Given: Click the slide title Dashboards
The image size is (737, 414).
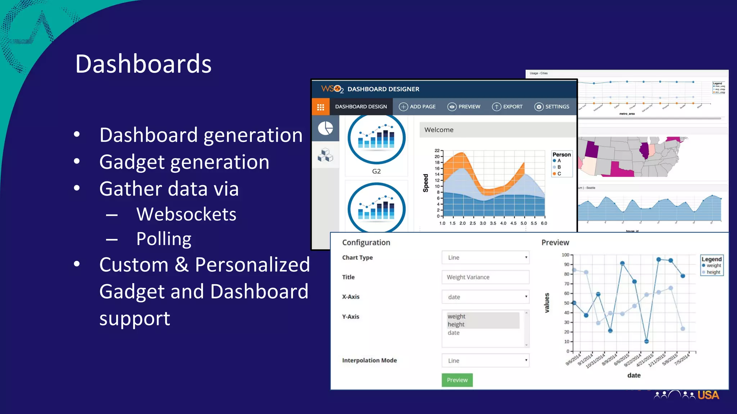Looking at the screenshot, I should click(143, 64).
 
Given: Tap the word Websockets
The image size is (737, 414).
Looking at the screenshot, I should click(186, 215).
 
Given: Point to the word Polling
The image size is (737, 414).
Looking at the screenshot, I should click(164, 239).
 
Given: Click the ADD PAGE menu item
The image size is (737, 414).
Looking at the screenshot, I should click(417, 107).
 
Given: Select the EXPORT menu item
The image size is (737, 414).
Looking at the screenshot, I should click(507, 107).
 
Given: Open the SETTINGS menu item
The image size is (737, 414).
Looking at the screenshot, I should click(552, 107).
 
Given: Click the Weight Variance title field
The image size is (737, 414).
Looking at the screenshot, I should click(485, 277).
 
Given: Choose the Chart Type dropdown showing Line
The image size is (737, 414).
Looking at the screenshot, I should click(485, 258).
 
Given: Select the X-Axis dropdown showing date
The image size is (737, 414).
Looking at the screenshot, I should click(485, 297).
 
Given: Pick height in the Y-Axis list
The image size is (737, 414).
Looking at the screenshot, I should click(456, 325).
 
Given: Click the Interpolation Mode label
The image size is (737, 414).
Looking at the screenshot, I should click(369, 360).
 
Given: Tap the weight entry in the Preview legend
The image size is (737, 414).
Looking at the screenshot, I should click(713, 266).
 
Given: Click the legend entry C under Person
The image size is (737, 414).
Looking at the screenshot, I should click(559, 174).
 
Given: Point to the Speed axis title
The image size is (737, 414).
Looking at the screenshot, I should click(426, 183).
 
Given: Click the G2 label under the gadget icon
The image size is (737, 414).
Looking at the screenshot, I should click(376, 171).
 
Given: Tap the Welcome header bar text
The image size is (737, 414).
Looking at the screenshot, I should click(439, 130).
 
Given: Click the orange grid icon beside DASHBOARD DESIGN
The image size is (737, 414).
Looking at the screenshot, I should click(321, 107).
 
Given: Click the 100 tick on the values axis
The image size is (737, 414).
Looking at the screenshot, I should click(565, 255).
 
